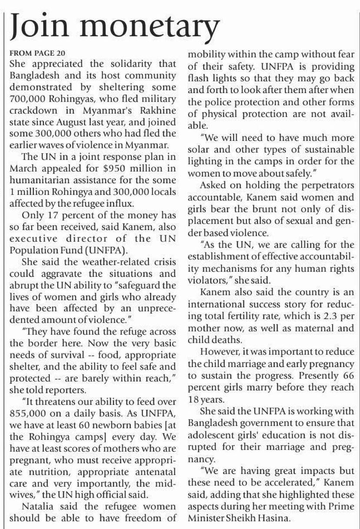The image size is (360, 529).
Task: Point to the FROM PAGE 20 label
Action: (37, 54)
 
